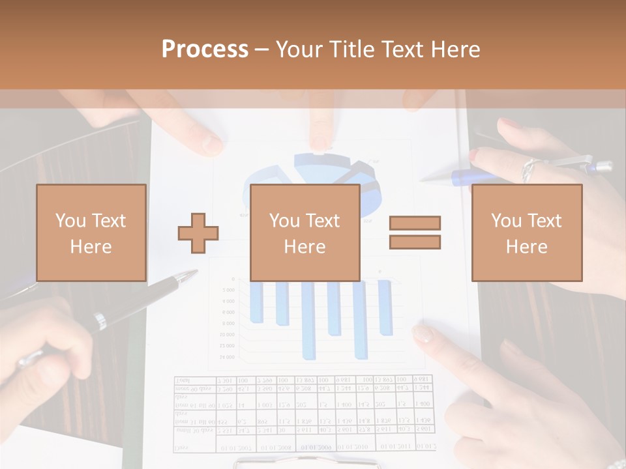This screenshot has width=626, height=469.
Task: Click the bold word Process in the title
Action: (x=205, y=49)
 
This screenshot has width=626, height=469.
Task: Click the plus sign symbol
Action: (x=198, y=233)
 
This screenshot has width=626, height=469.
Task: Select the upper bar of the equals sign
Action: (x=415, y=223)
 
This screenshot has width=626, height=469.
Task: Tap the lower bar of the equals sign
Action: (x=415, y=242)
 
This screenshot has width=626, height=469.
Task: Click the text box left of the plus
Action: (x=91, y=233)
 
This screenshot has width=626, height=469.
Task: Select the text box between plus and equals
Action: (x=305, y=233)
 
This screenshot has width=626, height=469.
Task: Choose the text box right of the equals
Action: (x=526, y=233)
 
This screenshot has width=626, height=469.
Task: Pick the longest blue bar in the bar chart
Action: (x=308, y=322)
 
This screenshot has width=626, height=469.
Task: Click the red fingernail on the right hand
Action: (x=475, y=156)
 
